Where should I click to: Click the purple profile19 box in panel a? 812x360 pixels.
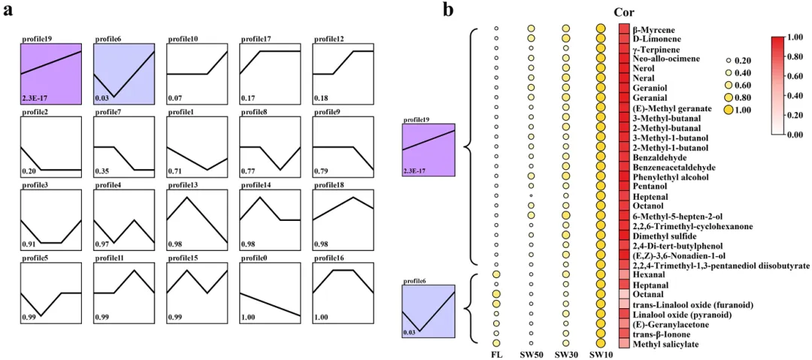coord(50,74)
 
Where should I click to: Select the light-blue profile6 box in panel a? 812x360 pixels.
coord(123,74)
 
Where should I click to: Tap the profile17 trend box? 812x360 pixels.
coord(269,74)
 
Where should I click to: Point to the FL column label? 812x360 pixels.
coord(495,355)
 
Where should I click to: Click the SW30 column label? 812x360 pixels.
coord(566,355)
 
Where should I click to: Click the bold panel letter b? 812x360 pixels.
coord(448,10)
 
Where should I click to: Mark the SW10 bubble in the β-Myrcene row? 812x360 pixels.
coord(601,29)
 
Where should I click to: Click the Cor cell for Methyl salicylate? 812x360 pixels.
coord(624,343)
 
